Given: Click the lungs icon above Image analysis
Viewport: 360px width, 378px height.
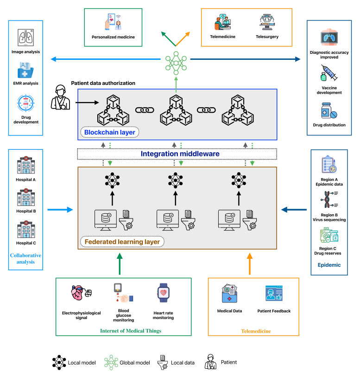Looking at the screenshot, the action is [x=25, y=38].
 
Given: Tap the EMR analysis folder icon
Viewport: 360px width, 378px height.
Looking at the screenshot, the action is [x=25, y=70].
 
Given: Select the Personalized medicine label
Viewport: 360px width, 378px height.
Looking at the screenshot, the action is [x=113, y=37].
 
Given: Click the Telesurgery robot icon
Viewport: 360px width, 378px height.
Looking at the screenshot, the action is [x=267, y=22].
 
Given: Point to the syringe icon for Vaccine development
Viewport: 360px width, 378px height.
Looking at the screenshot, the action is [x=329, y=73].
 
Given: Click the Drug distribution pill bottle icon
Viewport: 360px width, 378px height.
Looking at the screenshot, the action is [x=329, y=111].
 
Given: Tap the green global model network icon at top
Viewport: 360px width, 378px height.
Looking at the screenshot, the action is [x=176, y=63].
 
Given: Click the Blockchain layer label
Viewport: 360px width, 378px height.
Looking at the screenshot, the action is [x=109, y=132].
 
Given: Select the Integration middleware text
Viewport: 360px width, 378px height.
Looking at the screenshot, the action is [x=180, y=154].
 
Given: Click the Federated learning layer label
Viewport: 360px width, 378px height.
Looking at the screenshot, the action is [x=122, y=242].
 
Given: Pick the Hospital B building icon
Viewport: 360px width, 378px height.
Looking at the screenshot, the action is [x=26, y=198].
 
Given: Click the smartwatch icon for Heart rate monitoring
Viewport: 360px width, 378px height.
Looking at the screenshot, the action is [x=163, y=293].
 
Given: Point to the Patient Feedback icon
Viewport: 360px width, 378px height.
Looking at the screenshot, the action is [x=274, y=294].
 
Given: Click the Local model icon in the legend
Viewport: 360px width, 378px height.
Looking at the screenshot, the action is [x=59, y=362].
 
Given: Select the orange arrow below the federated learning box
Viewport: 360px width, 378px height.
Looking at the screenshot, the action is [x=250, y=264].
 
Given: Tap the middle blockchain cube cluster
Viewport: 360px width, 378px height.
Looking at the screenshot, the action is [x=176, y=110].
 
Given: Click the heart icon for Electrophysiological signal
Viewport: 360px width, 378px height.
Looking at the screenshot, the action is [x=82, y=293].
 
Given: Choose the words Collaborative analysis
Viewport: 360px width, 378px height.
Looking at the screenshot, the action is [x=25, y=258].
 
